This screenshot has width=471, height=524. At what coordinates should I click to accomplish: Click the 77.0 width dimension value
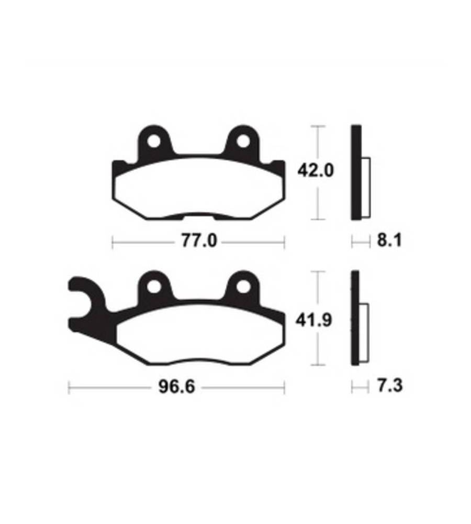pos(199,241)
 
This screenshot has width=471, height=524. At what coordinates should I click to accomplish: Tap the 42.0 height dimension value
pos(316,171)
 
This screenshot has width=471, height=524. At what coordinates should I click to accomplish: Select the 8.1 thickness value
pos(389,241)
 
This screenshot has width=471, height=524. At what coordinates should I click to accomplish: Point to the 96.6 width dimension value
pos(176,387)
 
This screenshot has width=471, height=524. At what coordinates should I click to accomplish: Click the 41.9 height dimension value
pos(314,320)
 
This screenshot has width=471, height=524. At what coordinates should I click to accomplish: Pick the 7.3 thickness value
pos(390,386)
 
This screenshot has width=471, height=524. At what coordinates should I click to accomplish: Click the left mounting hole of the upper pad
pos(154,141)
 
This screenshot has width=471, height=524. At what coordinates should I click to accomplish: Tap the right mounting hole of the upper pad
pos(243,141)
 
